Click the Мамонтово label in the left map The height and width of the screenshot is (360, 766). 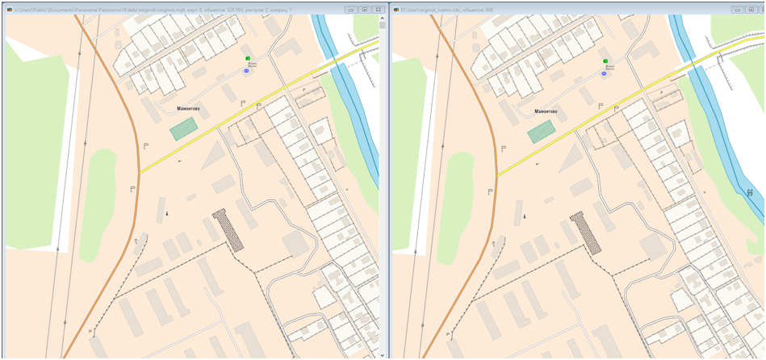point(188,108)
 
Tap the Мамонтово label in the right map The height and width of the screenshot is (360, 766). point(546,111)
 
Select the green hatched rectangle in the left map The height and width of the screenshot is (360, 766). point(184,128)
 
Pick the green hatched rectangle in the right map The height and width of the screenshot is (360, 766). point(542,131)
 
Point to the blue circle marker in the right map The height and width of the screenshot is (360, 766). point(604,73)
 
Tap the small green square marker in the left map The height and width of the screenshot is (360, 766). point(248,58)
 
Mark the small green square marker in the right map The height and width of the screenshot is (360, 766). point(605,61)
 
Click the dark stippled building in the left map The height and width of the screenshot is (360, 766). point(228,230)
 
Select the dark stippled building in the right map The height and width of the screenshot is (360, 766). point(586,232)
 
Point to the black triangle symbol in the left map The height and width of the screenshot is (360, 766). point(167,213)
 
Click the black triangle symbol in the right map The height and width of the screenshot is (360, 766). point(525,216)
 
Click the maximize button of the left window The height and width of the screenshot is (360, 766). point(364,10)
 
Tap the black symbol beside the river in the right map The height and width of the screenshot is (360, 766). point(750,193)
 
